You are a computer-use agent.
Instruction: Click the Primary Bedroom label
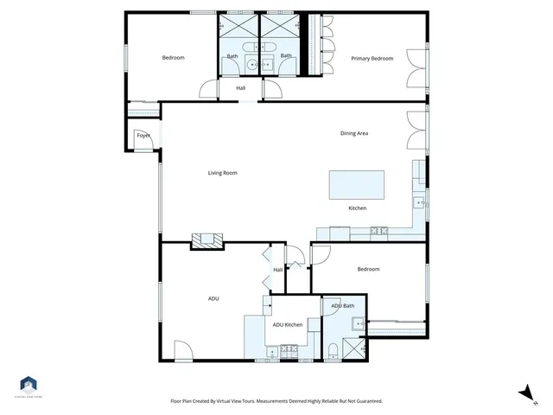click(x=372, y=59)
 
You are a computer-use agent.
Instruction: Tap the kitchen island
click(x=357, y=184)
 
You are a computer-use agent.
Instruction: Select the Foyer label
click(x=143, y=136)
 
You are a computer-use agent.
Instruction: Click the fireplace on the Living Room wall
click(x=207, y=240)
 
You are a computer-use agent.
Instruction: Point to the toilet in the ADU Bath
click(x=332, y=350)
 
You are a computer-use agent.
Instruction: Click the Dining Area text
click(x=354, y=133)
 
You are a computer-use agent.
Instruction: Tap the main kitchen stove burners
click(x=378, y=231)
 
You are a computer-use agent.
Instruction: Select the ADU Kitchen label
click(x=288, y=324)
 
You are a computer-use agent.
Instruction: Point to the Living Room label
click(x=222, y=173)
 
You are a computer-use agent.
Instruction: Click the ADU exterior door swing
click(x=182, y=350)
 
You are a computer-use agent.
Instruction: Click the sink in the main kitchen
click(x=418, y=204)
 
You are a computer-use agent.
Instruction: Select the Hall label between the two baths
click(x=240, y=87)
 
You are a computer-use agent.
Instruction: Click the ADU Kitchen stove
click(x=289, y=352)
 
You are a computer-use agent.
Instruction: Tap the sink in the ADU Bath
click(x=357, y=324)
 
